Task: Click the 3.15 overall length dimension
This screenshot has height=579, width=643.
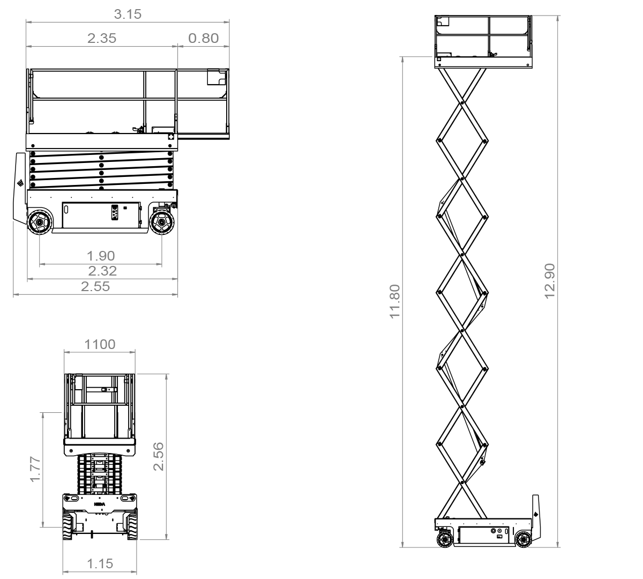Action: click(128, 14)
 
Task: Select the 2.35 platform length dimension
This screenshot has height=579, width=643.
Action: click(102, 39)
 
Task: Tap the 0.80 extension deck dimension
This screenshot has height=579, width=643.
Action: click(203, 39)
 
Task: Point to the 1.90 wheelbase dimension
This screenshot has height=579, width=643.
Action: click(101, 256)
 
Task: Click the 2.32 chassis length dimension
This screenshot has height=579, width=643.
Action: click(102, 271)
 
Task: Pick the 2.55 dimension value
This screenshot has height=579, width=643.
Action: click(95, 286)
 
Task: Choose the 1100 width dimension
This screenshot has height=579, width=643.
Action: click(100, 345)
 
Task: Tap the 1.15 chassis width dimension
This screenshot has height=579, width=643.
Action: click(100, 563)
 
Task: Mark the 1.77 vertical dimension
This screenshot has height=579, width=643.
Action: click(35, 469)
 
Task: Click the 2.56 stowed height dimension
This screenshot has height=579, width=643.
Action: click(159, 456)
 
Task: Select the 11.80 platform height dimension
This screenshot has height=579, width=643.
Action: click(394, 301)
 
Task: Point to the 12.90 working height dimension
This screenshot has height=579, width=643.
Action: click(550, 281)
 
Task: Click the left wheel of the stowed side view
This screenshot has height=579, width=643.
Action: click(40, 222)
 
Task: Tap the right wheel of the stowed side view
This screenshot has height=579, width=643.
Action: click(162, 222)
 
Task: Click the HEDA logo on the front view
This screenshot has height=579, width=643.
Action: click(99, 504)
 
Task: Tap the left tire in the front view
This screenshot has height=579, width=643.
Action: click(68, 526)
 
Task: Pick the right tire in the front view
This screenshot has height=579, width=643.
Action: click(132, 526)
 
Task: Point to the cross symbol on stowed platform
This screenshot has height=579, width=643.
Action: click(171, 137)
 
